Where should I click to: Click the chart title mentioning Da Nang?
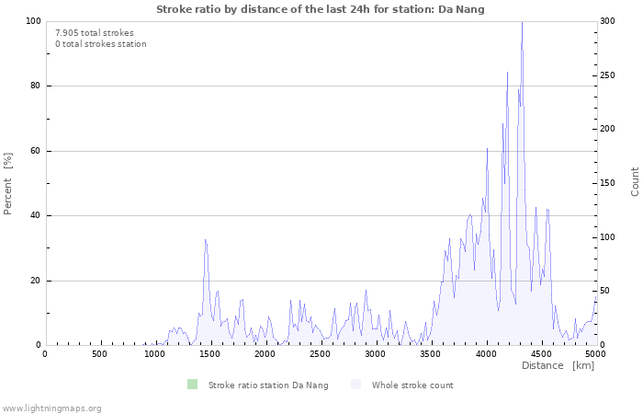point(321,9)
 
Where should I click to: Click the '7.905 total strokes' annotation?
point(95,32)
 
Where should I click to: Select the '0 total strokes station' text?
point(100,43)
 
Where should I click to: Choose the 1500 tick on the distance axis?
point(209,353)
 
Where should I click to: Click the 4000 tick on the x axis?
point(485,353)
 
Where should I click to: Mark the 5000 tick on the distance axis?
point(595,353)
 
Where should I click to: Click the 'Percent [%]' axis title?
point(8,183)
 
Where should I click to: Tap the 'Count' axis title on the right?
point(635,181)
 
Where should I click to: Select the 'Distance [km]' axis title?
point(558,365)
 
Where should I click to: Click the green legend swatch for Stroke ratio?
point(192,385)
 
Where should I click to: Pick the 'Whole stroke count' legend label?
point(412,385)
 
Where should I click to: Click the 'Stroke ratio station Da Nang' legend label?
point(268,385)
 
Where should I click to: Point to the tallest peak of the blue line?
point(522,23)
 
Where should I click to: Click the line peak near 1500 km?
point(205,239)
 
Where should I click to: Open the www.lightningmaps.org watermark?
point(51,408)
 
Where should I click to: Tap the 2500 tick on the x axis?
point(320,353)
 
